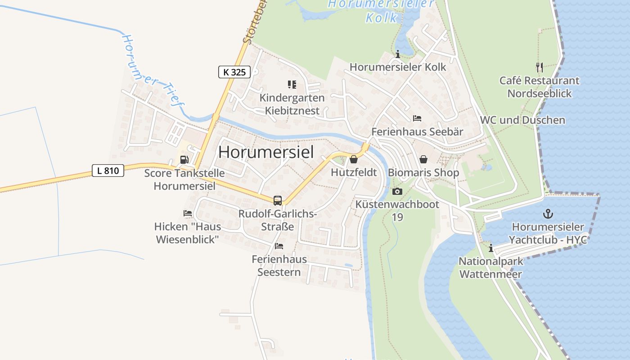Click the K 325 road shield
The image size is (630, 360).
click(234, 72)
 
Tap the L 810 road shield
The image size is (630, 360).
click(108, 171)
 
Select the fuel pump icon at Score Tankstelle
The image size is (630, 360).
click(184, 159)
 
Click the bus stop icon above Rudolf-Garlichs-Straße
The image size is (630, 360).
click(278, 201)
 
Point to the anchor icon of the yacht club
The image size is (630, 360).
click(548, 214)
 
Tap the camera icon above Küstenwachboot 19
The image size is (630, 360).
click(397, 191)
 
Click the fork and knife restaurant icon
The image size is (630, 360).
click(540, 67)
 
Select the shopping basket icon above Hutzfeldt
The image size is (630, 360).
click(354, 159)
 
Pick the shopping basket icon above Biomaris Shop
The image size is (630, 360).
click(423, 159)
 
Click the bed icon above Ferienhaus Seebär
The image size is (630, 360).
click(417, 118)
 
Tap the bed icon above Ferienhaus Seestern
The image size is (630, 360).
click(279, 246)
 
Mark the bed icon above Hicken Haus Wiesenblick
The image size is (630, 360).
click(188, 213)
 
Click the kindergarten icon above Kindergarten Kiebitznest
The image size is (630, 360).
click(292, 85)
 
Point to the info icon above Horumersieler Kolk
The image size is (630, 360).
click(397, 54)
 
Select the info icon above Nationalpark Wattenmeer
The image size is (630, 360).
click(491, 248)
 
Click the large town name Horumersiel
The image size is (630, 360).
click(266, 152)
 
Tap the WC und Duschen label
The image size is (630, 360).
click(522, 120)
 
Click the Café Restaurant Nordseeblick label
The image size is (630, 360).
click(540, 87)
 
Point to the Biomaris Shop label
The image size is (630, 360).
click(423, 173)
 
